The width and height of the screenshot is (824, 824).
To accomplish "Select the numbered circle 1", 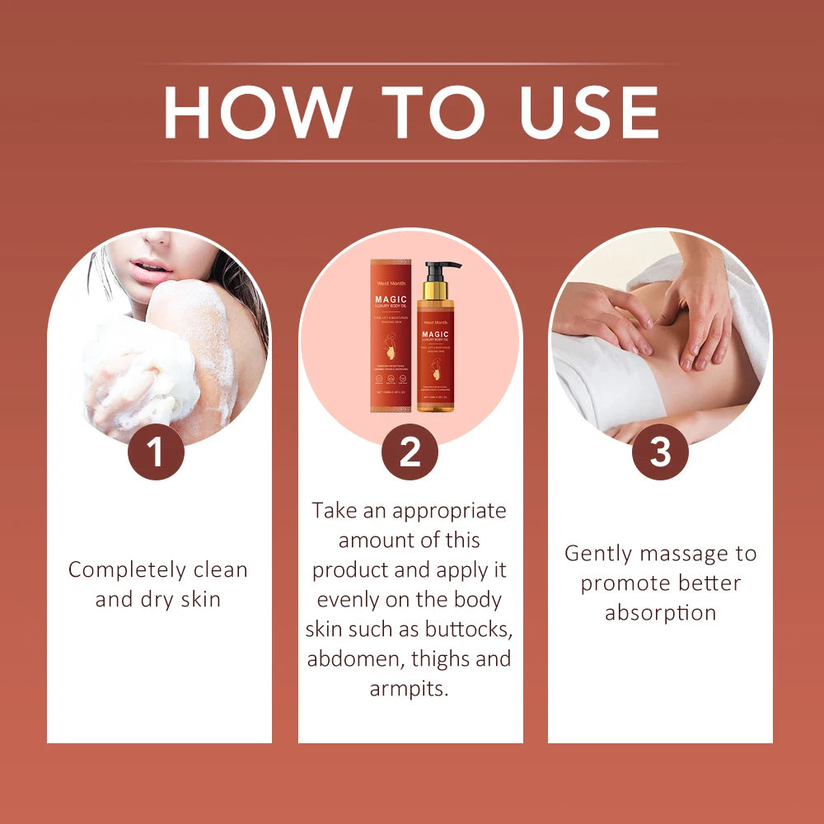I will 156,452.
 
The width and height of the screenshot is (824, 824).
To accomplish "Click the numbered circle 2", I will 410,452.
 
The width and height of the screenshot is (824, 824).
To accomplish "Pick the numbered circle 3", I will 660,452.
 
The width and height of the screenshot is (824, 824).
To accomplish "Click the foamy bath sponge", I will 140,371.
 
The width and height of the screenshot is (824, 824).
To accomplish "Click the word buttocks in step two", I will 470,630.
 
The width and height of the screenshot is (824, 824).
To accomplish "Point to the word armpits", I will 410,689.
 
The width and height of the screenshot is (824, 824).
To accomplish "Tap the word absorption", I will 660,613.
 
